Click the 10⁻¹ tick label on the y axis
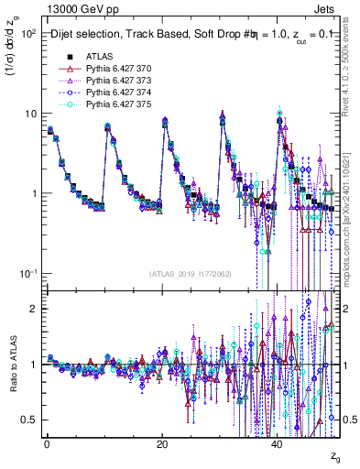(x=28, y=274)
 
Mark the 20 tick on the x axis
(x=161, y=442)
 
